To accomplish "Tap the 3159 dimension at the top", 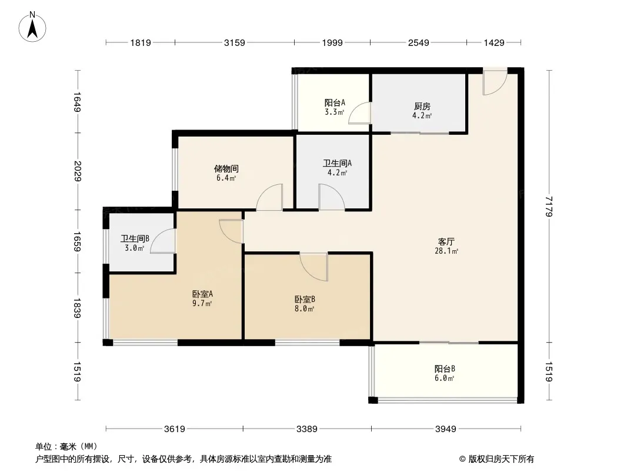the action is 234,42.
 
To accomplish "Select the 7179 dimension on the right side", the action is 549,206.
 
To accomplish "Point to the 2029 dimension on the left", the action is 78,171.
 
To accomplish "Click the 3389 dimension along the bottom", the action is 306,429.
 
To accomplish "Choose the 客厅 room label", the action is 446,242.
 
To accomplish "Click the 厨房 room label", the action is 422,107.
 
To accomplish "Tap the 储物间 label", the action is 226,169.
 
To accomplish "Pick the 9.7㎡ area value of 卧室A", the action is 202,303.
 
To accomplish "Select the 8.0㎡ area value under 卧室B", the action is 304,309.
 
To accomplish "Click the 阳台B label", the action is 445,369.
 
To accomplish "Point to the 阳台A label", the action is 335,103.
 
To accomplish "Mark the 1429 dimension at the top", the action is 494,42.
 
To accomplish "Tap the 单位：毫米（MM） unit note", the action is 66,447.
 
